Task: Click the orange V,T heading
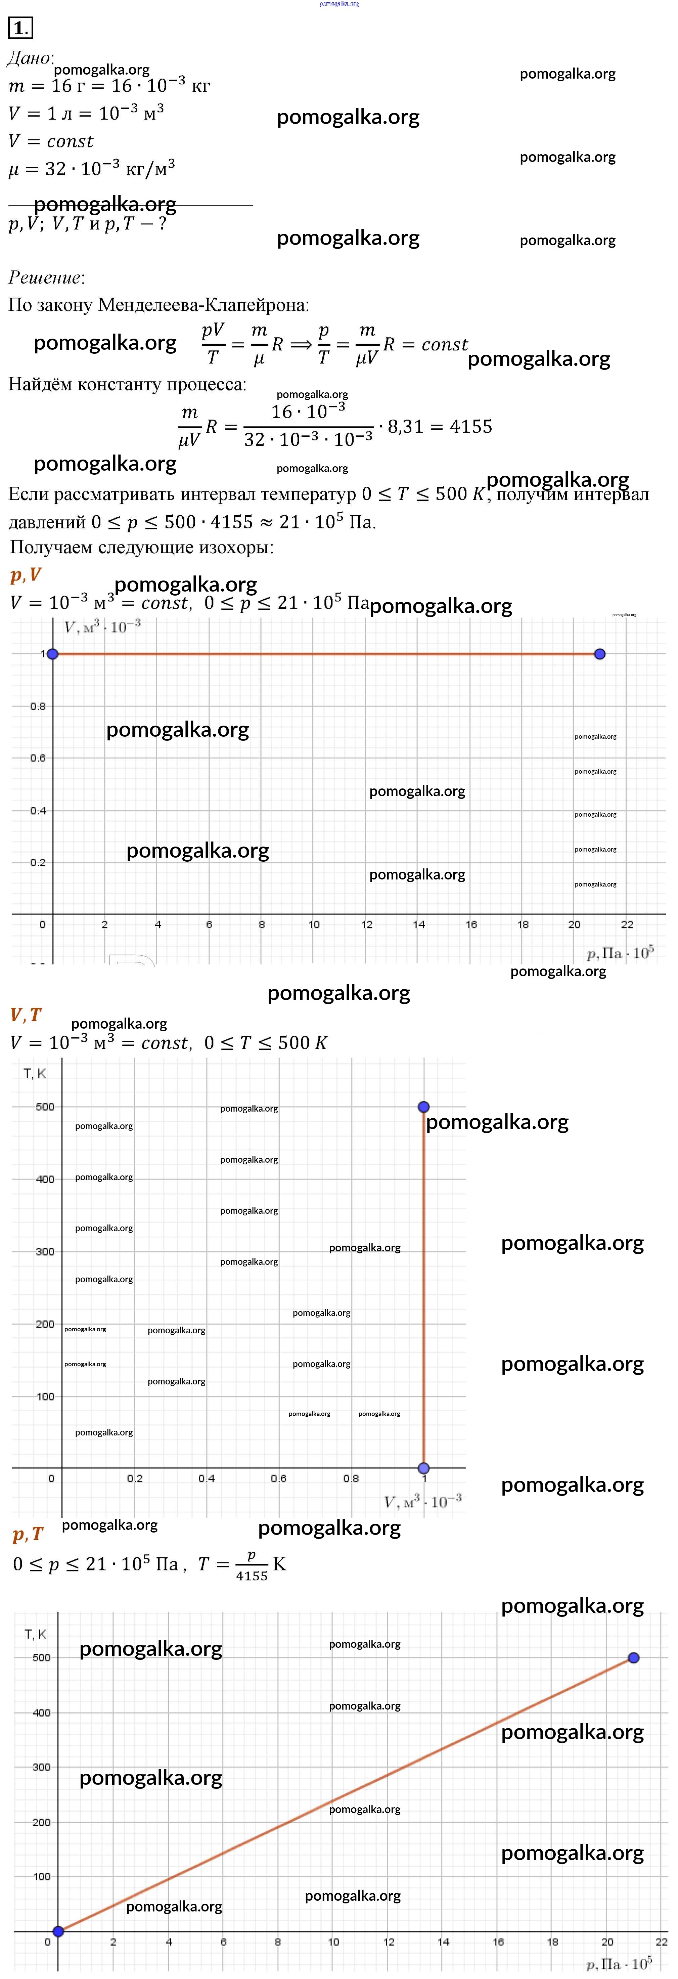pos(25,1015)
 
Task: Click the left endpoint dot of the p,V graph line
pos(52,654)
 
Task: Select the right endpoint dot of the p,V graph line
pos(600,654)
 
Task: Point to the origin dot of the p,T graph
pos(58,1931)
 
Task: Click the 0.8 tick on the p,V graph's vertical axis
pos(38,706)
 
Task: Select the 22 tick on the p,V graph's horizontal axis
pos(627,924)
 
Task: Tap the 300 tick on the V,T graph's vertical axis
pos(45,1251)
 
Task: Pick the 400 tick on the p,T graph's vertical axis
pos(41,1712)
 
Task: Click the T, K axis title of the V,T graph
pos(35,1073)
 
